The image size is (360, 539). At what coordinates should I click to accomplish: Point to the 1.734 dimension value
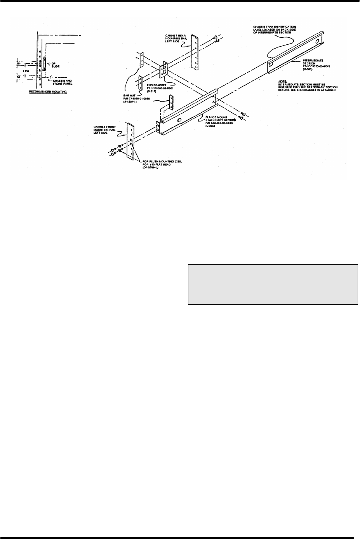tap(26, 71)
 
